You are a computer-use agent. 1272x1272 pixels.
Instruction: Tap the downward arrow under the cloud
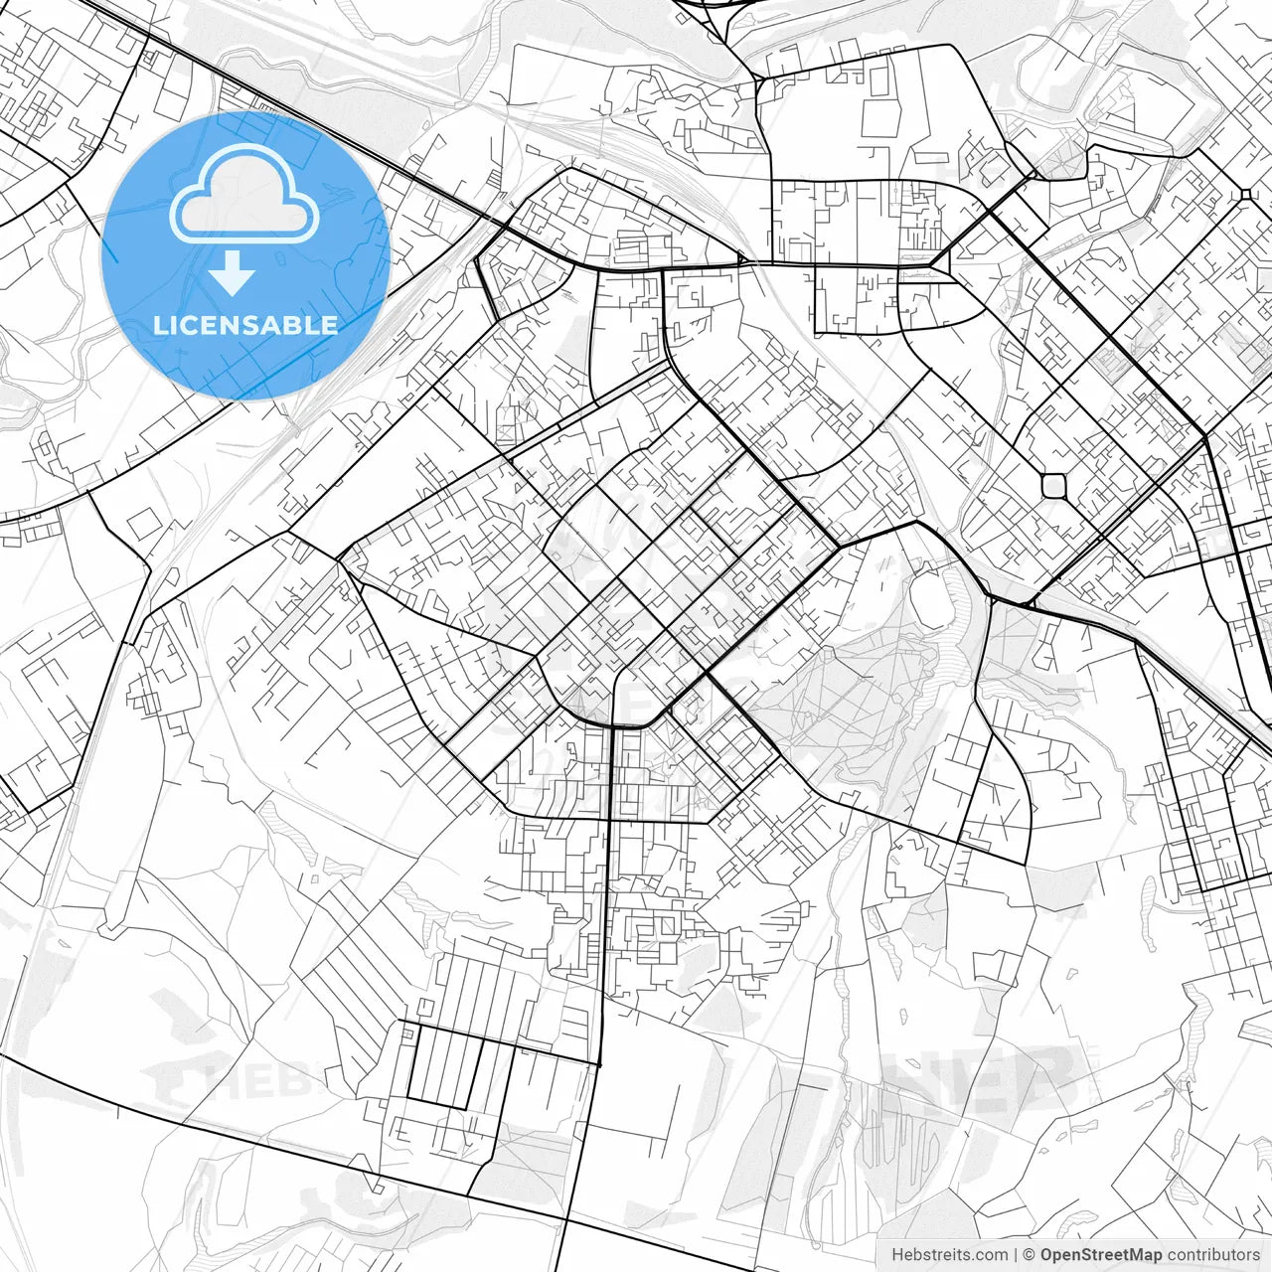coord(232,273)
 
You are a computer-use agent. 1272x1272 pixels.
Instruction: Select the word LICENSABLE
coord(244,325)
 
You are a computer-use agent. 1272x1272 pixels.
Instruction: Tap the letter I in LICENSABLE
coord(175,325)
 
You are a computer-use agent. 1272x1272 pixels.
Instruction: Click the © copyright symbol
coord(1030,1255)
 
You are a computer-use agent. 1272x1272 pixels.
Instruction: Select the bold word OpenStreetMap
coord(1101,1255)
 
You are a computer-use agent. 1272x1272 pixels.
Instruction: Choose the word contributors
coord(1213,1255)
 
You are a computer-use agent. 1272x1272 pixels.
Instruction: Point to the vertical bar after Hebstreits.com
coord(1016,1255)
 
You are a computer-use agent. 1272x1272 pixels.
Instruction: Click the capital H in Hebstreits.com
coord(897,1255)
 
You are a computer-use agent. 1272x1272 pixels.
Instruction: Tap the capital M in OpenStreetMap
coord(1139,1255)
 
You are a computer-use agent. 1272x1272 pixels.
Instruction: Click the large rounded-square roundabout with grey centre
coord(1053,485)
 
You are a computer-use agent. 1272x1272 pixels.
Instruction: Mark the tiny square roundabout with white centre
coord(1244,194)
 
